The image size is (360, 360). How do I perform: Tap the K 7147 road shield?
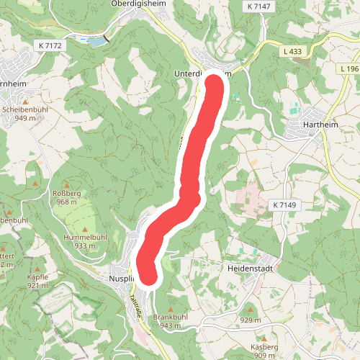coord(259,6)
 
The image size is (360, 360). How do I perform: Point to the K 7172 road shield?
coord(48,45)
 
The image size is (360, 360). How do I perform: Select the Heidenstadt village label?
coord(252,266)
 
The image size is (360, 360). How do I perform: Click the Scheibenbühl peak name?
coord(24,109)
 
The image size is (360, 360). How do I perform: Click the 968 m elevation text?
coord(66,202)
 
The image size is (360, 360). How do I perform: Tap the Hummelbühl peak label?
coord(85,237)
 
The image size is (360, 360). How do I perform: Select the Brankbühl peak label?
coord(171,317)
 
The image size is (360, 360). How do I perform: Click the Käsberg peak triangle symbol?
coord(264,338)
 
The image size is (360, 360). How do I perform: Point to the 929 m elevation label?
coord(250,320)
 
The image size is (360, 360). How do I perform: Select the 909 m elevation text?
coord(264,356)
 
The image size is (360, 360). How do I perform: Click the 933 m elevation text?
coord(85,246)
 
